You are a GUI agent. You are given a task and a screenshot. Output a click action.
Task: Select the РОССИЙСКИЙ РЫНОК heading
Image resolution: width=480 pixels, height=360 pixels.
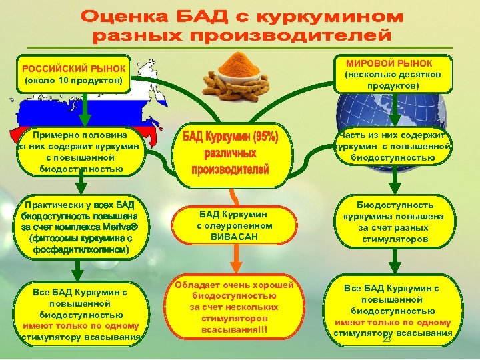(x=73, y=69)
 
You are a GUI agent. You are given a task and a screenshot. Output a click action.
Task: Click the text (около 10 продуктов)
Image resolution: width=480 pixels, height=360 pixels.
(x=73, y=81)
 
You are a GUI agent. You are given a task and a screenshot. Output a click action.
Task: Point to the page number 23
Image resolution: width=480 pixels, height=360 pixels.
(x=386, y=340)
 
